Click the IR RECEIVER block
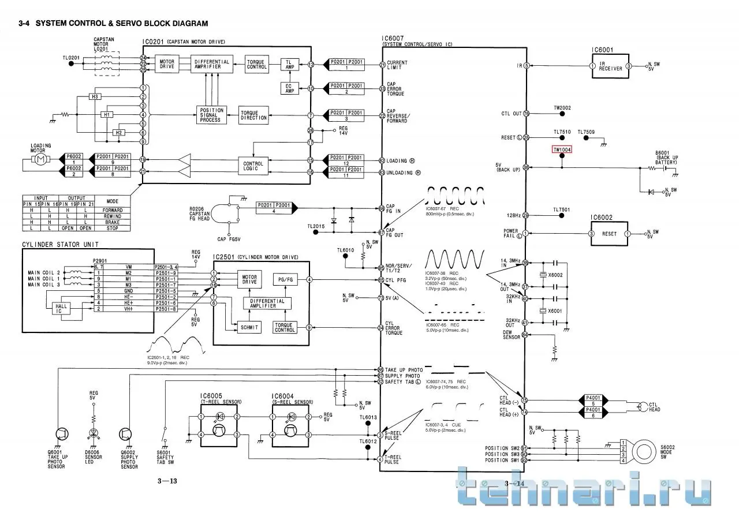[610, 66]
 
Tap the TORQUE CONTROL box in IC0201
[256, 64]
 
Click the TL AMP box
[289, 64]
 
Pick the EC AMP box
[289, 88]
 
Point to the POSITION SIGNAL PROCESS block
[210, 115]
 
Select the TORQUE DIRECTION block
[253, 115]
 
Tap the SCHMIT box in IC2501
[249, 327]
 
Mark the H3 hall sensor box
[95, 96]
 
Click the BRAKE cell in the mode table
[112, 222]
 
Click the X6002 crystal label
[555, 275]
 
